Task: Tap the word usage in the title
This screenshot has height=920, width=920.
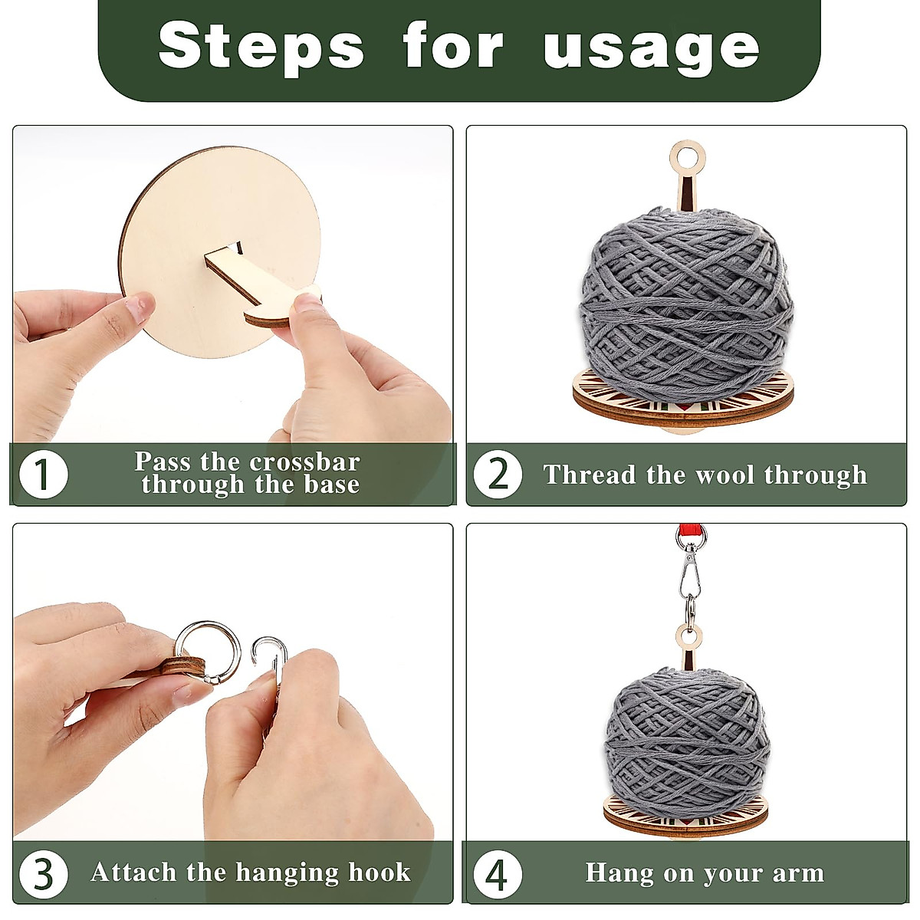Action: coord(651,48)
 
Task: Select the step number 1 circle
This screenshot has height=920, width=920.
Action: coord(43,475)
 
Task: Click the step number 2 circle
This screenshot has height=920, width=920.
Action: coord(498,475)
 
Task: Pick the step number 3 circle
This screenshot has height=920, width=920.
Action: coord(43,872)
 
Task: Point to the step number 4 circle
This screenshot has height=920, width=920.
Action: coord(498,872)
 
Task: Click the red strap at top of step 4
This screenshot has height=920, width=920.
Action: coord(685,532)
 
